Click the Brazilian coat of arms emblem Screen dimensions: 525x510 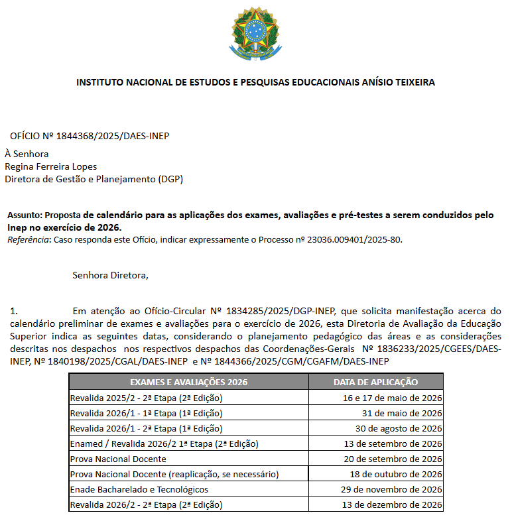tap(255, 33)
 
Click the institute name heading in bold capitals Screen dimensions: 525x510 tap(256, 83)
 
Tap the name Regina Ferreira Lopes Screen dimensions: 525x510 tap(50, 166)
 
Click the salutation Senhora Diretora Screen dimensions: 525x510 tap(111, 275)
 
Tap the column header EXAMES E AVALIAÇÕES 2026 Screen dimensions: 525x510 tap(188, 382)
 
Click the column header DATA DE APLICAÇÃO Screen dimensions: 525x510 tap(375, 382)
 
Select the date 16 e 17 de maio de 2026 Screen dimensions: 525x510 tap(393, 398)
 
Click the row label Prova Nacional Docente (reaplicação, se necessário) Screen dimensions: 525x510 tap(174, 474)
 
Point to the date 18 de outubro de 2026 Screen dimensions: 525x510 tap(396, 474)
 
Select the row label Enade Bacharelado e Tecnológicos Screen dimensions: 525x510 tap(139, 489)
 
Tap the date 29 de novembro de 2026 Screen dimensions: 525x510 tap(391, 489)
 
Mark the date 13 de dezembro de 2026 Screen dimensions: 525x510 tap(391, 505)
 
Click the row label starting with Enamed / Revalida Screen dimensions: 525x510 tap(164, 443)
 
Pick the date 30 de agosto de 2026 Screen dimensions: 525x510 tap(397, 428)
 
